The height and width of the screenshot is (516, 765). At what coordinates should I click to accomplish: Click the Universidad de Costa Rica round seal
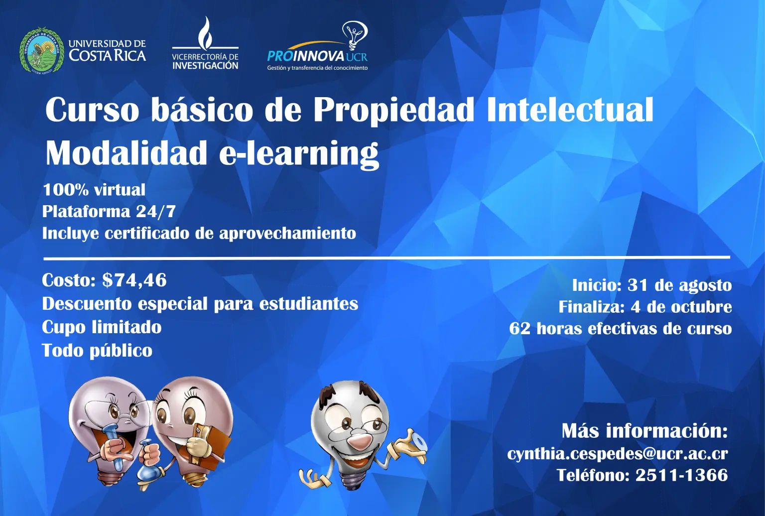(x=42, y=50)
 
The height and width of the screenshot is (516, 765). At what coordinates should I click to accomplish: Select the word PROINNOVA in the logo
(x=305, y=56)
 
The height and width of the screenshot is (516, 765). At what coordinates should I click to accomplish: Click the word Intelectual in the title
(x=570, y=110)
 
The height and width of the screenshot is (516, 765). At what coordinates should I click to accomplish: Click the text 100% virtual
(x=94, y=190)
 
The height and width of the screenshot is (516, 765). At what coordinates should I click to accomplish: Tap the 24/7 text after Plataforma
(x=156, y=211)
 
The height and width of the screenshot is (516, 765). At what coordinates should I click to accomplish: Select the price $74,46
(x=134, y=280)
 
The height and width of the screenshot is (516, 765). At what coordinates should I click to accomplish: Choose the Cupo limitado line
(x=102, y=327)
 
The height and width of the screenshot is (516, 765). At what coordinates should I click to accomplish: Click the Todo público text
(x=97, y=351)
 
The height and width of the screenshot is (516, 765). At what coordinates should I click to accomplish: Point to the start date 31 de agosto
(x=679, y=285)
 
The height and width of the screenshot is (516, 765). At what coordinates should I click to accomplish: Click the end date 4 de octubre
(x=681, y=307)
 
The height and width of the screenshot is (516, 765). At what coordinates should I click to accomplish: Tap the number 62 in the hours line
(x=519, y=329)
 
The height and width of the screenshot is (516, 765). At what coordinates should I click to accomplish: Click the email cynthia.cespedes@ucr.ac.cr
(x=617, y=454)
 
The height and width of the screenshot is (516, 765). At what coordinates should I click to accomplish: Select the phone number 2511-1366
(x=681, y=475)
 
